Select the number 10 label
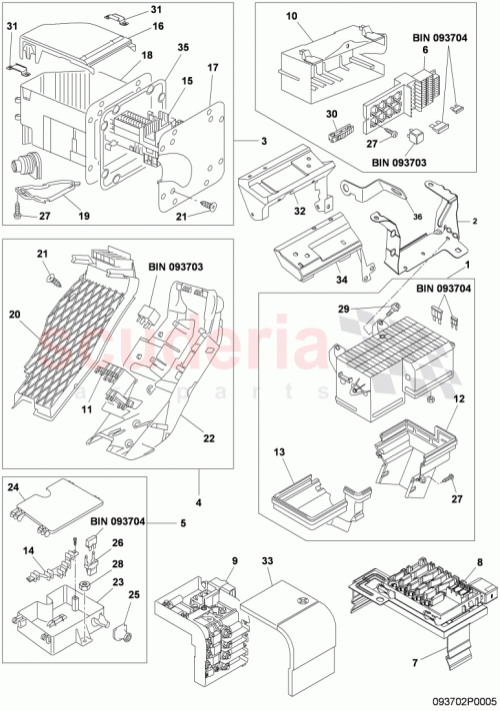(291, 18)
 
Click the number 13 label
(279, 451)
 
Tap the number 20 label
(16, 313)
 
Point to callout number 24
(15, 488)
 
